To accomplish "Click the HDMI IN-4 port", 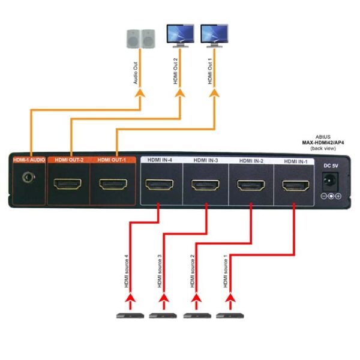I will pos(161,184).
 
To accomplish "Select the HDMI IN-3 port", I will pos(206,184).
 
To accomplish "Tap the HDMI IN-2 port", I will pos(251,184).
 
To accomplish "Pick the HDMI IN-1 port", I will pos(294,184).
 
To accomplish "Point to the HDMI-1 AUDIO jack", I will pos(27,178).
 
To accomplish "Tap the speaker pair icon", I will pos(140,38).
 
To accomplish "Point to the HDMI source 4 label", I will pos(127,273).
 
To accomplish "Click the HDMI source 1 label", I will pos(226,273).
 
